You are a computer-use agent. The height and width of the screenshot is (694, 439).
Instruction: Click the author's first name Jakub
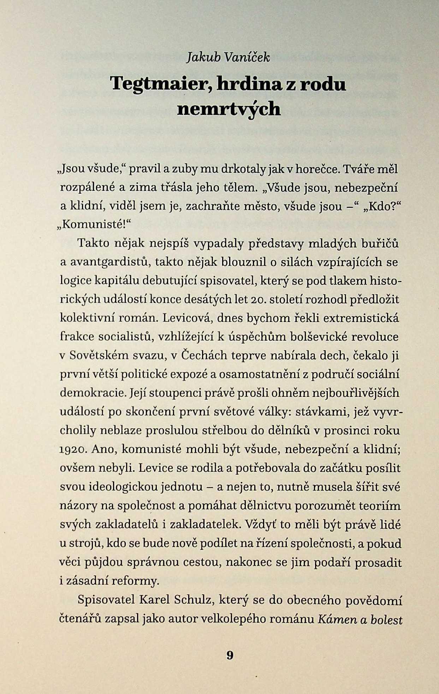coord(203,58)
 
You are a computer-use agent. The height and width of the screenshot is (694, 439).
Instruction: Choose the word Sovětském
coord(99,355)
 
